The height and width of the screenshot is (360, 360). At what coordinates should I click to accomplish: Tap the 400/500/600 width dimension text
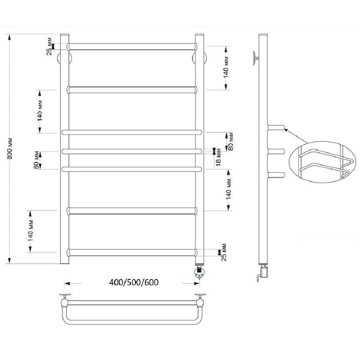point(134,282)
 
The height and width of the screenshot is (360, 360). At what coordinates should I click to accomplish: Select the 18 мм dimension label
point(218,157)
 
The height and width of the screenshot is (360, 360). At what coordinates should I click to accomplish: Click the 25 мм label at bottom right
point(224,252)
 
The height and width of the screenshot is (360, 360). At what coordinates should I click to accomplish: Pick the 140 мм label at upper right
point(226,67)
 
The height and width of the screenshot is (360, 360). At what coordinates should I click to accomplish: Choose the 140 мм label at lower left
point(31,231)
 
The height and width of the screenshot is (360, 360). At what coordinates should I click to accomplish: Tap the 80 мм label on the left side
point(36,160)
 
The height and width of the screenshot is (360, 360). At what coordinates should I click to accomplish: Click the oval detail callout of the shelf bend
point(323,162)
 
